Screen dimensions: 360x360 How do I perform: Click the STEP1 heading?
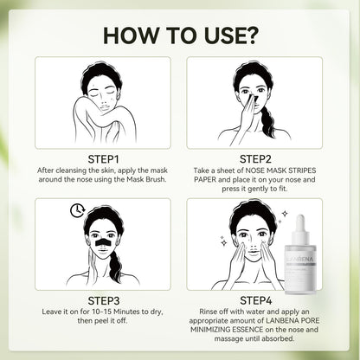(x=103, y=159)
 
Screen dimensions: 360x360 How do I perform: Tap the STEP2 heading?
(x=255, y=159)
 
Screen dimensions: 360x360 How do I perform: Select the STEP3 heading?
(x=104, y=300)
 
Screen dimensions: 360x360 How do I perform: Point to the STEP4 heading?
(x=256, y=300)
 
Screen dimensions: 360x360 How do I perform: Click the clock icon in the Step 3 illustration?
(x=77, y=210)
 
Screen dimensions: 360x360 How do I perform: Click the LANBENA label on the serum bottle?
(x=301, y=259)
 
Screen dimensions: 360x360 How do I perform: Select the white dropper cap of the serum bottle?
(x=299, y=227)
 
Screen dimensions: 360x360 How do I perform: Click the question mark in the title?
(x=248, y=35)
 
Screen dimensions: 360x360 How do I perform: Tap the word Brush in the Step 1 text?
(x=156, y=179)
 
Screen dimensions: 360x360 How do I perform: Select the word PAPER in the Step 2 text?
(x=205, y=179)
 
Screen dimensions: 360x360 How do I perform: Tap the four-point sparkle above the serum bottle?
(x=285, y=214)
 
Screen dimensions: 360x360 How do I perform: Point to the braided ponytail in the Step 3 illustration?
(x=115, y=266)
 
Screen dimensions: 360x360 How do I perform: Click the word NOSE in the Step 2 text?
(x=255, y=170)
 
